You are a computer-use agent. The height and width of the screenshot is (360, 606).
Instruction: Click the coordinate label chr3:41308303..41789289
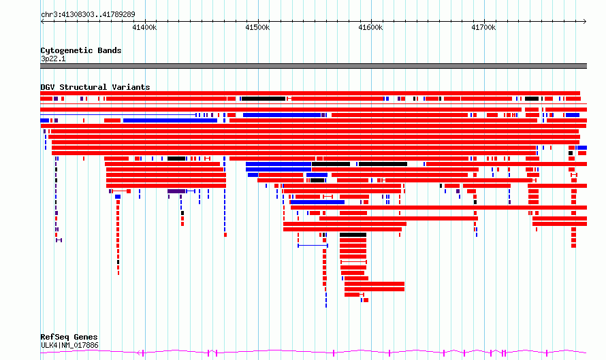[x=88, y=15]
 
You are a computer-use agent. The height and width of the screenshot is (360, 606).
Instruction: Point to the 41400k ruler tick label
[x=144, y=27]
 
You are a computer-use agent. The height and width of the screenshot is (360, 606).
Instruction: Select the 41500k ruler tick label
[x=257, y=27]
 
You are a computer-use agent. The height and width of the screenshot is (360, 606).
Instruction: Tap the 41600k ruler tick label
[x=370, y=27]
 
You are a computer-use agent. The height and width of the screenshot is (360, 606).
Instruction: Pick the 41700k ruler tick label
[x=483, y=27]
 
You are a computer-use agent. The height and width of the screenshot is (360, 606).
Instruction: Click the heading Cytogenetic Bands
[x=81, y=50]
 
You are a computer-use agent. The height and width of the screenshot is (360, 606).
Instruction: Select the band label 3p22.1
[x=53, y=59]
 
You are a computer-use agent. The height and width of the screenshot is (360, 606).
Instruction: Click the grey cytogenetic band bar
[x=313, y=66]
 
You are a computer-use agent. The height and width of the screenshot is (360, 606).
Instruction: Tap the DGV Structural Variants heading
[x=95, y=87]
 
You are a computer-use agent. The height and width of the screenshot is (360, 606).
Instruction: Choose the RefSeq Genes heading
[x=69, y=338]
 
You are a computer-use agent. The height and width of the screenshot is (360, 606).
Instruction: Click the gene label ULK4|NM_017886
[x=69, y=345]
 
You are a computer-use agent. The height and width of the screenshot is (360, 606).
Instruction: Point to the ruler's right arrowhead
[x=585, y=22]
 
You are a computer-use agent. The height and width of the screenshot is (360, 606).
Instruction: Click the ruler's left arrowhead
[x=42, y=22]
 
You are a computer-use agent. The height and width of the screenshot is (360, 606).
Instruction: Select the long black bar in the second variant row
[x=264, y=99]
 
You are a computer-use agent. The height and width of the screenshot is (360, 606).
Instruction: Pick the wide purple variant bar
[x=176, y=191]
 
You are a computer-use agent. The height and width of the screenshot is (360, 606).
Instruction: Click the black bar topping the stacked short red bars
[x=353, y=235]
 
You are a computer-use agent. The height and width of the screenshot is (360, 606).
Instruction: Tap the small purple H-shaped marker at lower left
[x=59, y=240]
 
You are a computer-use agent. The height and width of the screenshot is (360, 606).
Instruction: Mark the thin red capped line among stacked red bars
[x=353, y=262]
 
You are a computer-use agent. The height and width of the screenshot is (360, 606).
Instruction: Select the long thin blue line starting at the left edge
[x=118, y=115]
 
